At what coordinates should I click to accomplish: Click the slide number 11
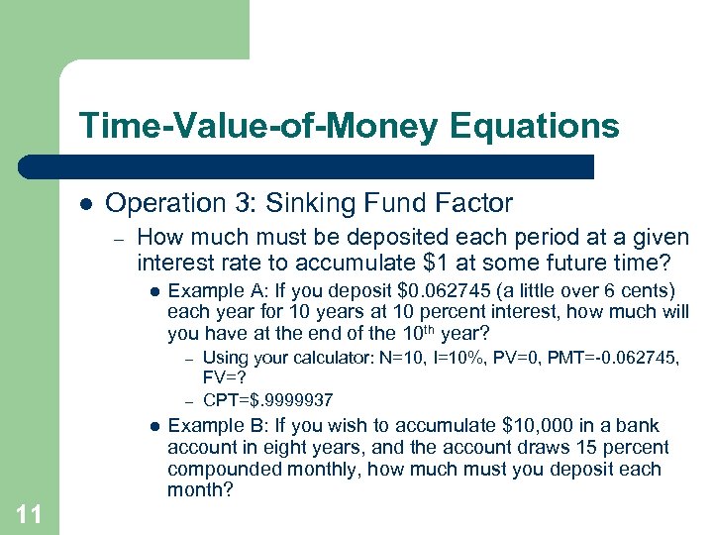pyautogui.click(x=30, y=513)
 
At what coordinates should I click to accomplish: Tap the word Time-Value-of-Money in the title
pyautogui.click(x=256, y=126)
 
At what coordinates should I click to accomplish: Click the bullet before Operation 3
pyautogui.click(x=86, y=204)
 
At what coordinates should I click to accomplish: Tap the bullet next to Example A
pyautogui.click(x=153, y=291)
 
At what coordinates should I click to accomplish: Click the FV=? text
pyautogui.click(x=224, y=377)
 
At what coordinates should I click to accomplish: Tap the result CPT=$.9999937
pyautogui.click(x=267, y=400)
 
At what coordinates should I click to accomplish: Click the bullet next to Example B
pyautogui.click(x=153, y=426)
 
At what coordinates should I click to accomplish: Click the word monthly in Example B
pyautogui.click(x=313, y=469)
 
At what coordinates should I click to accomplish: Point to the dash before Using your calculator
pyautogui.click(x=187, y=358)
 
